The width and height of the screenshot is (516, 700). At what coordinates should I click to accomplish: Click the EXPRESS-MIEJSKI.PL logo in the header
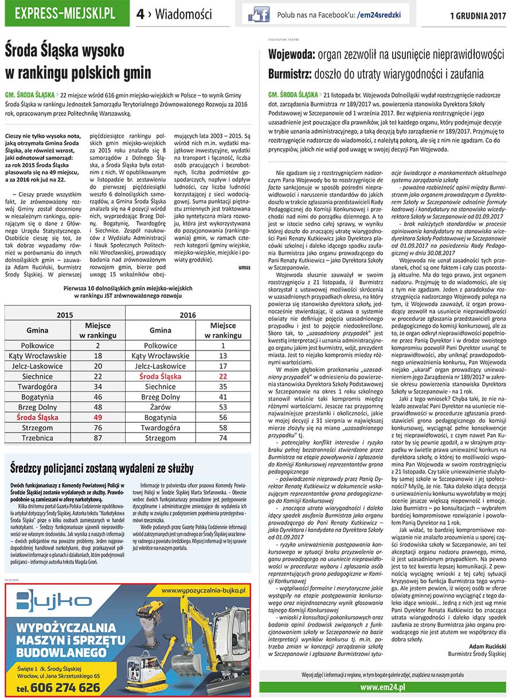pos(65,14)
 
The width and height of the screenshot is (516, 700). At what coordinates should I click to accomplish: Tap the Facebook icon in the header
pos(259,14)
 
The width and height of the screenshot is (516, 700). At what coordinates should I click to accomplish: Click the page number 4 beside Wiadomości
pos(140,14)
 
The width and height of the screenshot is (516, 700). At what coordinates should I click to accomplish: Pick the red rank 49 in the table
pos(97,417)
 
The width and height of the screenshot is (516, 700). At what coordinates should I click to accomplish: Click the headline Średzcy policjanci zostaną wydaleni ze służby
pos(102,468)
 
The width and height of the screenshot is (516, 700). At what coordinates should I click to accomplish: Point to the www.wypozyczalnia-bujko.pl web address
pos(204,590)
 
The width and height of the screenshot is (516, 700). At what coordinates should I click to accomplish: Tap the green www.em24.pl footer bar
pos(382,687)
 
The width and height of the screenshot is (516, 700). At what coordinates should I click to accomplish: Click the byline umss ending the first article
pos(244,267)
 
